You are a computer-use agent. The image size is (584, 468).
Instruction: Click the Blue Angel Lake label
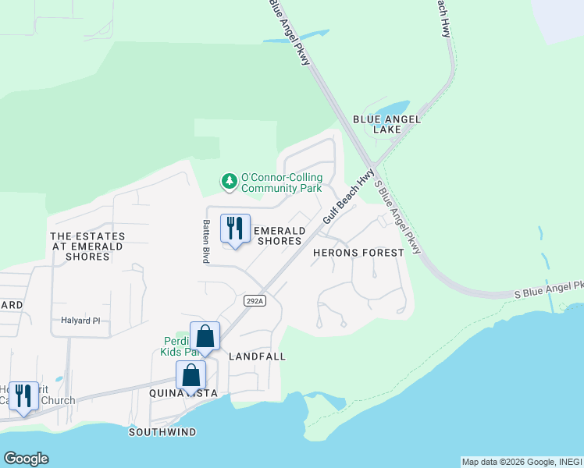(x=386, y=124)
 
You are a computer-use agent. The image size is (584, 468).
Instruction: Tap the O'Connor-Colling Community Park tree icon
(x=229, y=182)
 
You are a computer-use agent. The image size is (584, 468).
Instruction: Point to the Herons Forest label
(x=358, y=253)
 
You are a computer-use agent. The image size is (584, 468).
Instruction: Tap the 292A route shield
(x=255, y=300)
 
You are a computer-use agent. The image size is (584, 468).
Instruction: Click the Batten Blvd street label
(x=205, y=242)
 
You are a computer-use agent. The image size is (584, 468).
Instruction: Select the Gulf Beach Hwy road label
(x=348, y=199)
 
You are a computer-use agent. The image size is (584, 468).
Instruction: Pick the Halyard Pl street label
(x=81, y=321)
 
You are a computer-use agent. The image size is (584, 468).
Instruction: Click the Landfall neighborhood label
(x=258, y=356)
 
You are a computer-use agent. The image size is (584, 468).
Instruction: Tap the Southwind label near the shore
(x=162, y=432)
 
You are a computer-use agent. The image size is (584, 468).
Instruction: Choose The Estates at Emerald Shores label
(x=87, y=246)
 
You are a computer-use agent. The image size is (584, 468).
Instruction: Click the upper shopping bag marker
(x=205, y=337)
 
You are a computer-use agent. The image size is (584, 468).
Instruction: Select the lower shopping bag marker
(x=191, y=376)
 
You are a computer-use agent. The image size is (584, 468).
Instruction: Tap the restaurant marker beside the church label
(x=23, y=395)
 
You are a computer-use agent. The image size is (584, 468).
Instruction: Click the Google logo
(x=26, y=459)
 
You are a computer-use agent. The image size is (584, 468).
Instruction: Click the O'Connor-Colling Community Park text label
(x=281, y=183)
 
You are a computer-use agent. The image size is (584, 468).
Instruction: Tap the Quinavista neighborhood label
(x=183, y=394)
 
